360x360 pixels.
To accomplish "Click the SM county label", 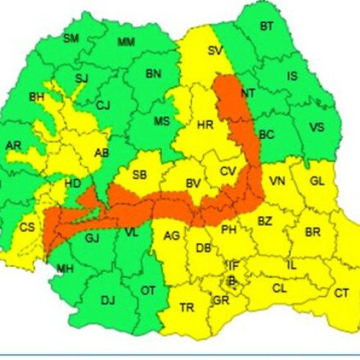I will [71, 38].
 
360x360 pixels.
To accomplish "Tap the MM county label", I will [126, 42].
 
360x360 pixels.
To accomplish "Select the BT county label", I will [266, 27].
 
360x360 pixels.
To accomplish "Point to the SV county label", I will [215, 50].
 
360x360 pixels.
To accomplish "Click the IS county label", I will [292, 76].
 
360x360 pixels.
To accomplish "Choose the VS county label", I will [317, 127].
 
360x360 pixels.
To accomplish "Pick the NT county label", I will [248, 93].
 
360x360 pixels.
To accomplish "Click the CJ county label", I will [103, 106].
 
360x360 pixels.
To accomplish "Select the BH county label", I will [36, 96].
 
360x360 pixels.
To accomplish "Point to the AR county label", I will [13, 145].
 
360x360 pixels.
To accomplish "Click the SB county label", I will [140, 175].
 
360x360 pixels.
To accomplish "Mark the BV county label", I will [193, 184].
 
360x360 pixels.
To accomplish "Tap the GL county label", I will [318, 181].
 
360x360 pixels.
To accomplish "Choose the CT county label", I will [341, 293].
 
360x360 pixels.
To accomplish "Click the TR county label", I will [186, 307].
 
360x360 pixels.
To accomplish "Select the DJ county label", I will [108, 300].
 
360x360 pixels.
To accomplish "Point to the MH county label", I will [66, 269].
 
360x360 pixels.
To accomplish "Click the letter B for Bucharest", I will [231, 281].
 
